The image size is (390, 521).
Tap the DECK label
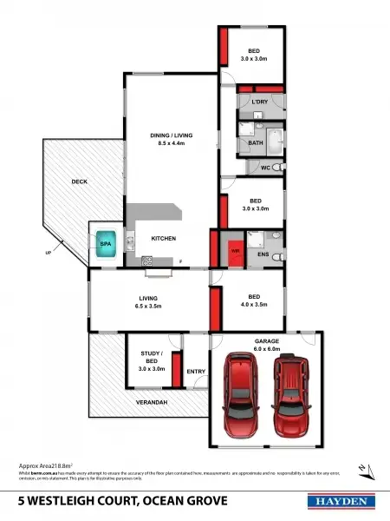coord(79,181)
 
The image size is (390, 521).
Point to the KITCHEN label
coord(164,238)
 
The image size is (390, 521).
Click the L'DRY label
coord(259,102)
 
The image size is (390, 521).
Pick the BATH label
coord(256,142)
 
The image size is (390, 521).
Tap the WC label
coord(266,168)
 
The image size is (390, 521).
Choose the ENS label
coord(264,255)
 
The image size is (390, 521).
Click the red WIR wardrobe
coord(233,251)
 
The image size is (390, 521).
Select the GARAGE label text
coord(266,342)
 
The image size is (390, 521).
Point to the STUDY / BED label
coord(152,358)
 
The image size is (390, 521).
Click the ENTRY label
coord(196,372)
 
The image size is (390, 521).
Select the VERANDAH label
coord(150,403)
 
